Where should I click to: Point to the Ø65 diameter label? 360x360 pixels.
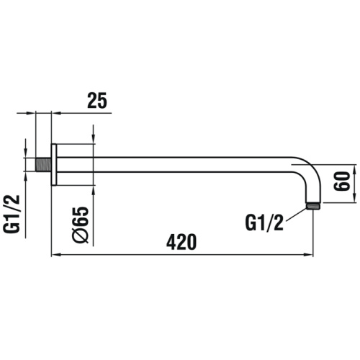click(81, 225)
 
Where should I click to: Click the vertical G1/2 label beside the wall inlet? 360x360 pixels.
click(12, 214)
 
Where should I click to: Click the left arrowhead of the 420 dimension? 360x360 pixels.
click(54, 254)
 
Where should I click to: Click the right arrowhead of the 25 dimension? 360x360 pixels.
click(58, 112)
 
